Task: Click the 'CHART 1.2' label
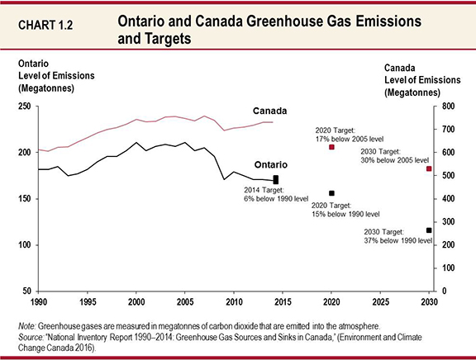pyautogui.click(x=42, y=24)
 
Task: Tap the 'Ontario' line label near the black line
pyautogui.click(x=269, y=165)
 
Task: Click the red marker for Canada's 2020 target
pyautogui.click(x=331, y=147)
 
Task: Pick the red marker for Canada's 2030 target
pyautogui.click(x=429, y=168)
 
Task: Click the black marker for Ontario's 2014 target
pyautogui.click(x=276, y=179)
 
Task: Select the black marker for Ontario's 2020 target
pyautogui.click(x=331, y=193)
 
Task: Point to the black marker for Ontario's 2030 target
pyautogui.click(x=429, y=230)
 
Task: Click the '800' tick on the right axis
pyautogui.click(x=447, y=107)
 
